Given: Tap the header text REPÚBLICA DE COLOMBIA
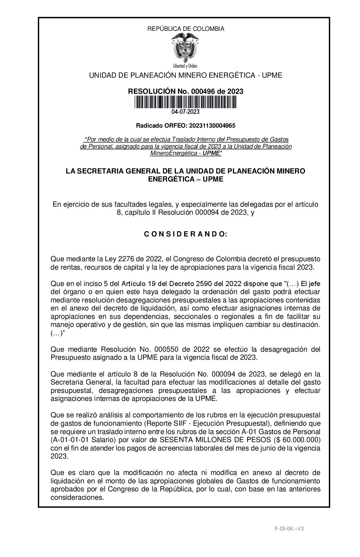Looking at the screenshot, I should [x=186, y=29].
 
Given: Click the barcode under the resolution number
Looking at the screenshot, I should [x=186, y=102].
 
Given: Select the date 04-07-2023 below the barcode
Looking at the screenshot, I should [x=186, y=112].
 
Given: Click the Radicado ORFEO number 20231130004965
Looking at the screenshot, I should [x=212, y=126].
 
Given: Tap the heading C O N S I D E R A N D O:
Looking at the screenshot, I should [x=186, y=234].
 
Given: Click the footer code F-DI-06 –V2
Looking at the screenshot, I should [x=289, y=529].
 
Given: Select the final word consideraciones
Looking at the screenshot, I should [x=77, y=497].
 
